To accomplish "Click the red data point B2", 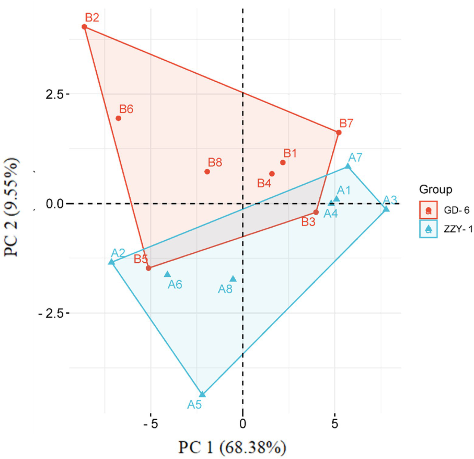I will click(84, 27).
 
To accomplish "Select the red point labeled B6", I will click(118, 118).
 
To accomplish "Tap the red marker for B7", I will click(339, 132).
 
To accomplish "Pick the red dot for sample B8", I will click(207, 172).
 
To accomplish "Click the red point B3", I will click(316, 212).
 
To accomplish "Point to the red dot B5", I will click(149, 268).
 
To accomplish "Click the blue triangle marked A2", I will click(111, 262).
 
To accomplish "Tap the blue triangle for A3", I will click(386, 209).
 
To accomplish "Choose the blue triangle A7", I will click(348, 166).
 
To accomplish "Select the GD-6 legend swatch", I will click(428, 210).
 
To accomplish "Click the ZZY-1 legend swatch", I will click(428, 229).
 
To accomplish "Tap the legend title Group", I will click(435, 189).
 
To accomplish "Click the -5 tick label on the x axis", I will click(150, 424).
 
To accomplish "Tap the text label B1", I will click(290, 153).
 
